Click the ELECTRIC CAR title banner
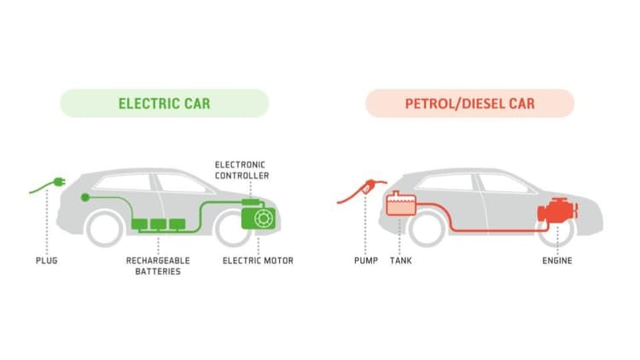[165, 103]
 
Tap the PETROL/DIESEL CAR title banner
[470, 103]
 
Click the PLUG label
[47, 260]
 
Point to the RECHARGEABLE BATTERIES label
[158, 265]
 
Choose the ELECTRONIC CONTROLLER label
[241, 171]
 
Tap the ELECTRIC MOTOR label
[258, 260]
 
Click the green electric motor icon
[259, 218]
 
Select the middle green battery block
[159, 224]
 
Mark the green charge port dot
[84, 198]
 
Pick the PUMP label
[366, 260]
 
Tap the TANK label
[401, 260]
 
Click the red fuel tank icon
[401, 203]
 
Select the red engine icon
[557, 212]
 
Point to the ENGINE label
[557, 260]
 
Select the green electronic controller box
[251, 202]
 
